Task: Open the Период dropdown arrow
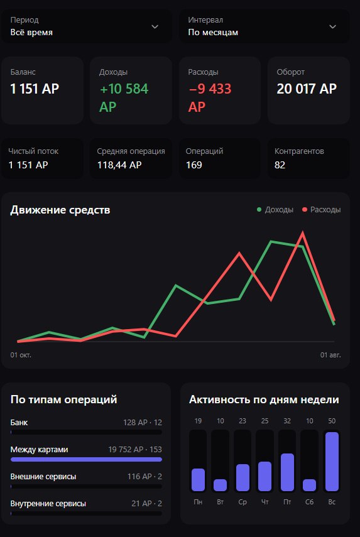[x=155, y=27]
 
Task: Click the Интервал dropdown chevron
[x=332, y=27]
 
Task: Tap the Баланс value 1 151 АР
[x=35, y=89]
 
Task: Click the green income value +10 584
[x=124, y=89]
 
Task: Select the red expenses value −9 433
[x=210, y=89]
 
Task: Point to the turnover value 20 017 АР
[x=307, y=89]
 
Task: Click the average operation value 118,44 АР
[x=119, y=165]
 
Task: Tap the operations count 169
[x=194, y=165]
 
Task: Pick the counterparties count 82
[x=280, y=165]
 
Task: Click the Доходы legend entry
[x=275, y=210]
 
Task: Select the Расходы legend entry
[x=321, y=210]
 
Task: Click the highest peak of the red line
[x=302, y=233]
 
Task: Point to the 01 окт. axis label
[x=21, y=355]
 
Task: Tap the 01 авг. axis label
[x=330, y=355]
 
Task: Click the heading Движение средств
[x=60, y=210]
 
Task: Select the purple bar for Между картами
[x=86, y=459]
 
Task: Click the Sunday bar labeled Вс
[x=332, y=462]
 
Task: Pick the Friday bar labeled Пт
[x=287, y=472]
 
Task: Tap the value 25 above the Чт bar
[x=265, y=421]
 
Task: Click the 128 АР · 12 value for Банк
[x=143, y=422]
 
